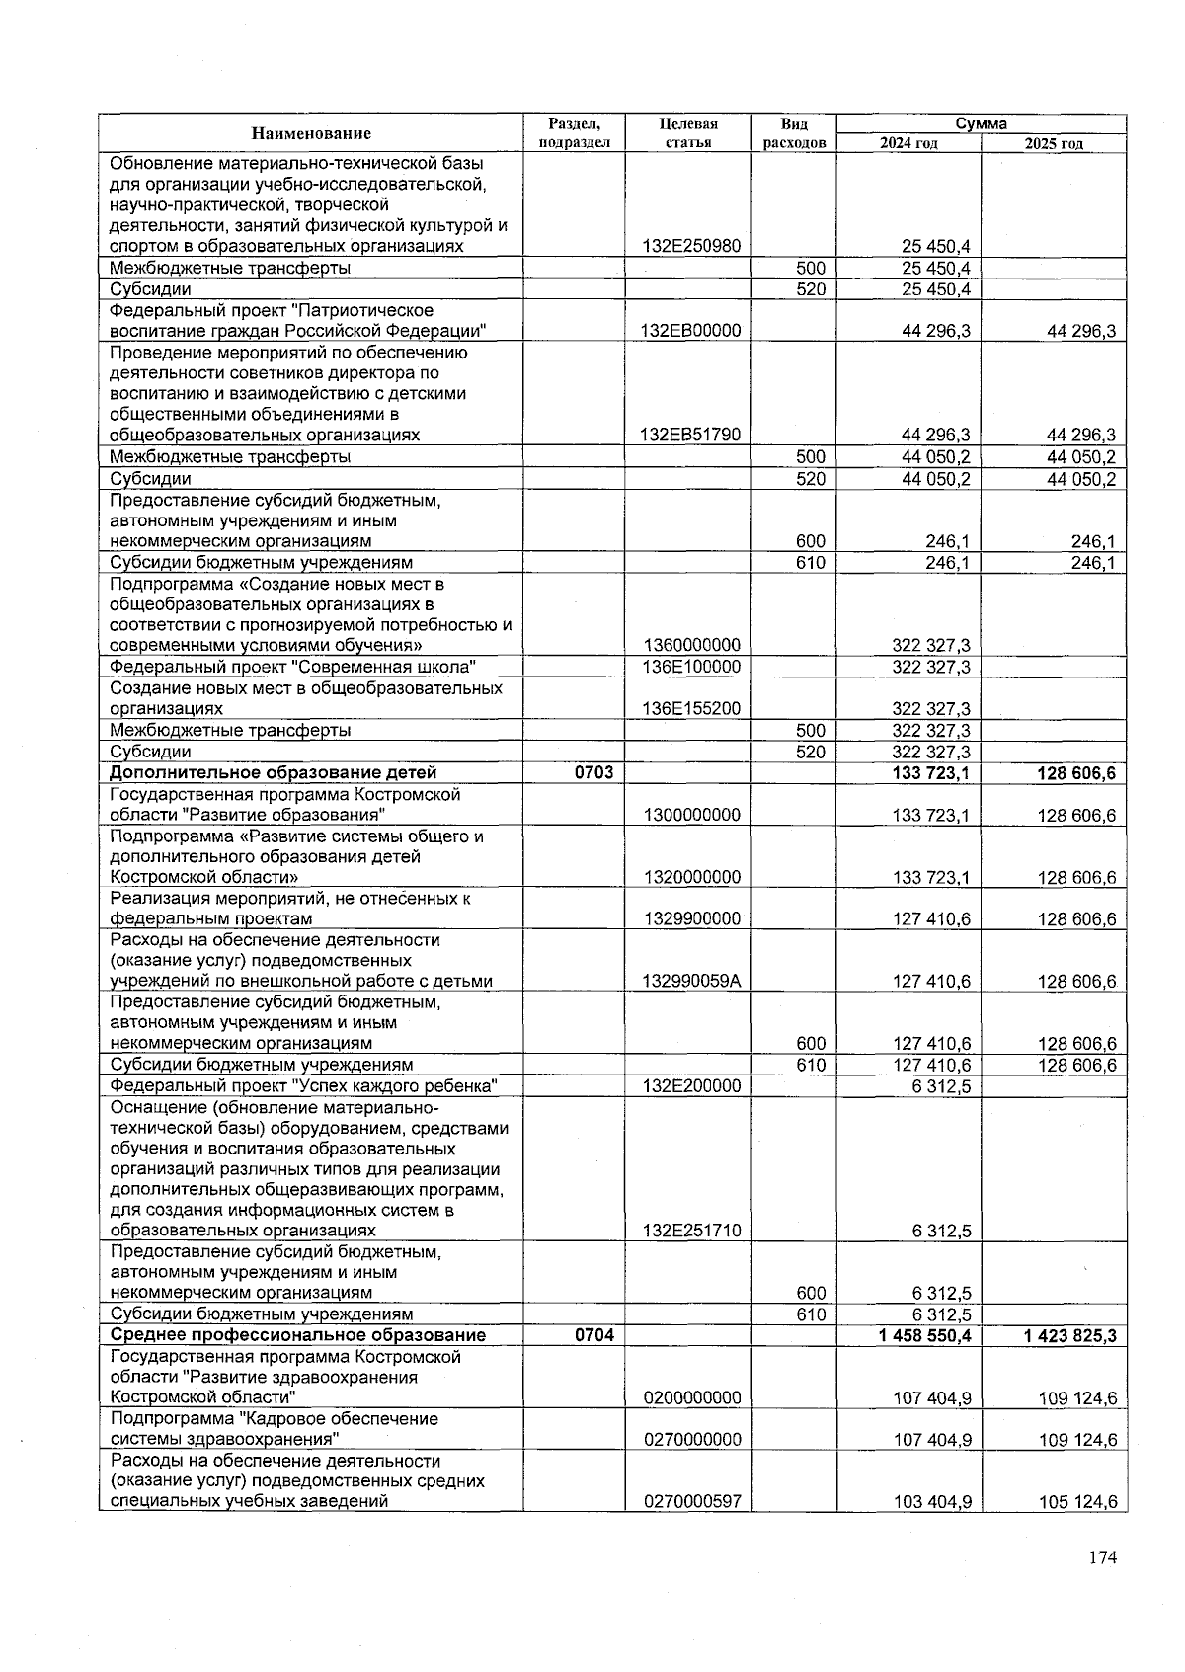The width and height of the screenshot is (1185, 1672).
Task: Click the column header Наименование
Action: [x=311, y=133]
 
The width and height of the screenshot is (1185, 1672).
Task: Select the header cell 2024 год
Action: [x=908, y=144]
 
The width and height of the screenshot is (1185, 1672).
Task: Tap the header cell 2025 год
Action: [x=1054, y=144]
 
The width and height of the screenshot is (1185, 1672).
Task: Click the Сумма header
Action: [x=981, y=123]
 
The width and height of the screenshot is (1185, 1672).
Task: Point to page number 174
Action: [x=1102, y=1557]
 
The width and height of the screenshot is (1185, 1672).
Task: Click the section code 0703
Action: [x=593, y=772]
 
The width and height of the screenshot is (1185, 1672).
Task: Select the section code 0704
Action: [x=593, y=1335]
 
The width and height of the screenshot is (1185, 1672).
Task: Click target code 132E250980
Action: [x=690, y=246]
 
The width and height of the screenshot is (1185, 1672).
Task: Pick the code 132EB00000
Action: [x=690, y=331]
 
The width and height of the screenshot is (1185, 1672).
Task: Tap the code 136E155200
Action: [x=690, y=709]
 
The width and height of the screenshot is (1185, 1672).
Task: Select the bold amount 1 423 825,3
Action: [x=1064, y=1335]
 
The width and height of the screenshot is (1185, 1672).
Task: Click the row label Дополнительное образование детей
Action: [x=274, y=772]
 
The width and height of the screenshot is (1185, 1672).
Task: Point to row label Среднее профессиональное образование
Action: [x=298, y=1335]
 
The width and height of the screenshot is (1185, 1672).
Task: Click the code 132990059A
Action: [x=691, y=982]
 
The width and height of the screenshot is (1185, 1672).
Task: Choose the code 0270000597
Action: [x=691, y=1502]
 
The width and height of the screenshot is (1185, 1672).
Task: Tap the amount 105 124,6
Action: [x=1077, y=1502]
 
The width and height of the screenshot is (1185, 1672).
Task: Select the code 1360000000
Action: [x=691, y=646]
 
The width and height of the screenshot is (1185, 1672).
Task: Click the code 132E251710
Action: [x=690, y=1232]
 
